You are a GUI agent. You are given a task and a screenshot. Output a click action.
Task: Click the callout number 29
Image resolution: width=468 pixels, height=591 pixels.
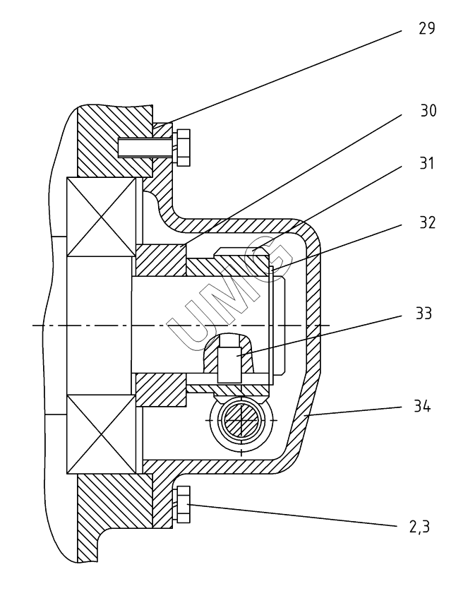pos(426,28)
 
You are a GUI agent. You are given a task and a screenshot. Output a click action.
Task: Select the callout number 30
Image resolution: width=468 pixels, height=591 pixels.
pos(428,110)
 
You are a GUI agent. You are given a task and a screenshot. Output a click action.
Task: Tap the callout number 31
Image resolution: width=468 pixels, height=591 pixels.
pos(427,163)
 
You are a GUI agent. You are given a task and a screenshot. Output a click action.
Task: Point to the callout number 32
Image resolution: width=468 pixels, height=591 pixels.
pos(427,222)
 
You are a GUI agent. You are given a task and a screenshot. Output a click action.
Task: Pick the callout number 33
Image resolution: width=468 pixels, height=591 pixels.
pos(424,314)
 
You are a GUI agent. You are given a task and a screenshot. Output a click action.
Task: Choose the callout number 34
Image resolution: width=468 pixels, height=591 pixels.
pos(422,406)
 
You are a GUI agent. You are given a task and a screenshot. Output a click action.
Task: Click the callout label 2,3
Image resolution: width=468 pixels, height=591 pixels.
pos(419,527)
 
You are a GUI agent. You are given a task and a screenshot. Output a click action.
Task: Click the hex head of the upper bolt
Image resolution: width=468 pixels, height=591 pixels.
pos(184,148)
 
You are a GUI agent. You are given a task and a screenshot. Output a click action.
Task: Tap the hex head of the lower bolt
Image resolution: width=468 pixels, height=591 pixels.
pos(184,504)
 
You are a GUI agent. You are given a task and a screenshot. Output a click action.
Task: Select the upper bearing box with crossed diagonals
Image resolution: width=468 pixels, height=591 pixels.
pos(101,217)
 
